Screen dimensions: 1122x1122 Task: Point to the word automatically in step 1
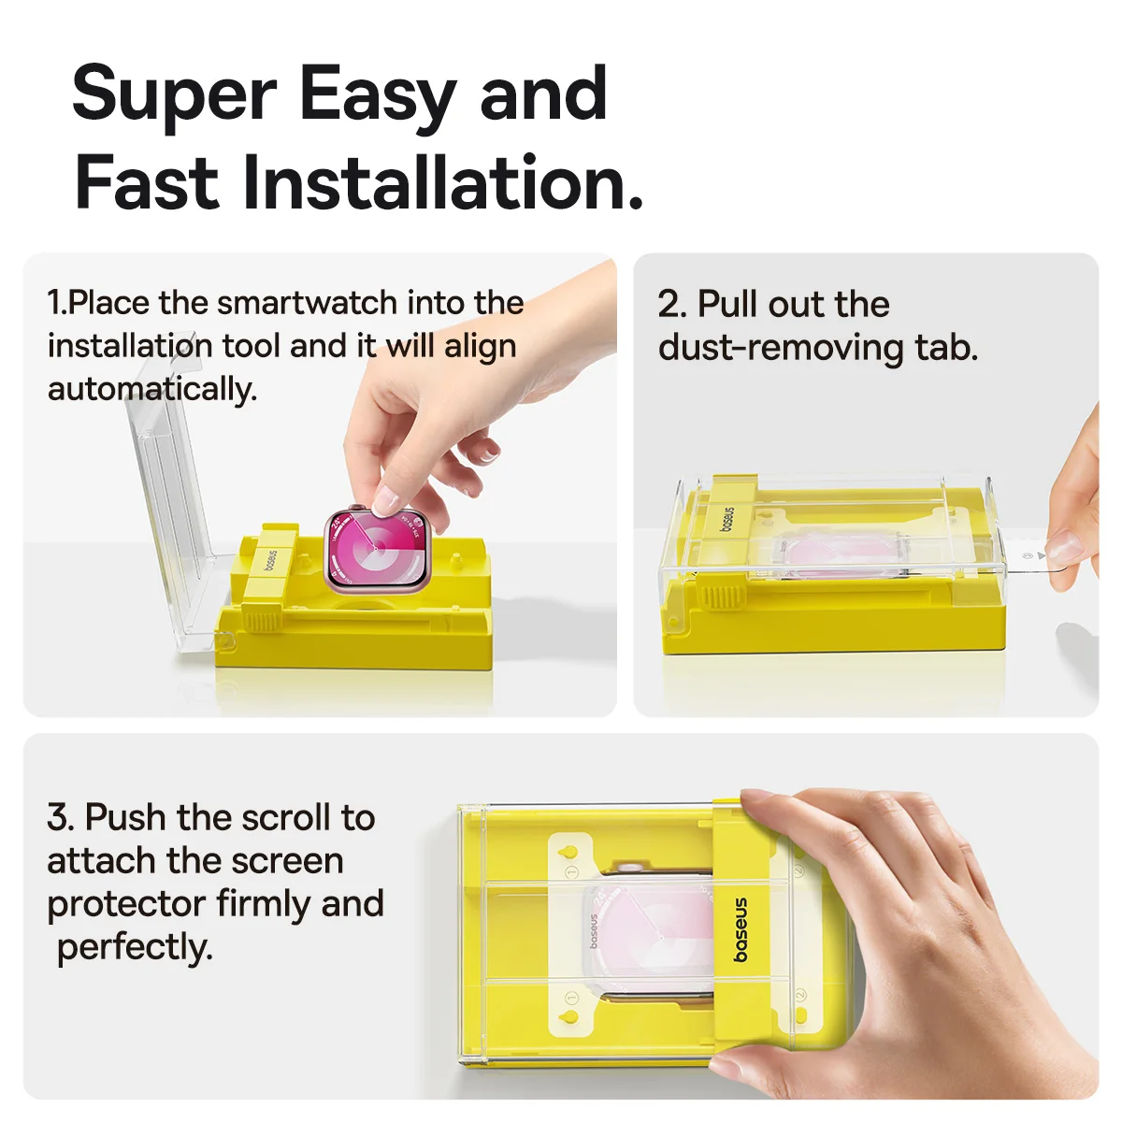pyautogui.click(x=152, y=389)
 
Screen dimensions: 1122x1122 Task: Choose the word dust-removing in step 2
pyautogui.click(x=781, y=347)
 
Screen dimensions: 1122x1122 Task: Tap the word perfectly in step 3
pyautogui.click(x=135, y=948)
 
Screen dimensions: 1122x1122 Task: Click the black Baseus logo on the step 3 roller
pyautogui.click(x=740, y=929)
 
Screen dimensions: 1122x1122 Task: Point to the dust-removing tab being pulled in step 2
pyautogui.click(x=1047, y=559)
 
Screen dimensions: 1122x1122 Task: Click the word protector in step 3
pyautogui.click(x=126, y=905)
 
